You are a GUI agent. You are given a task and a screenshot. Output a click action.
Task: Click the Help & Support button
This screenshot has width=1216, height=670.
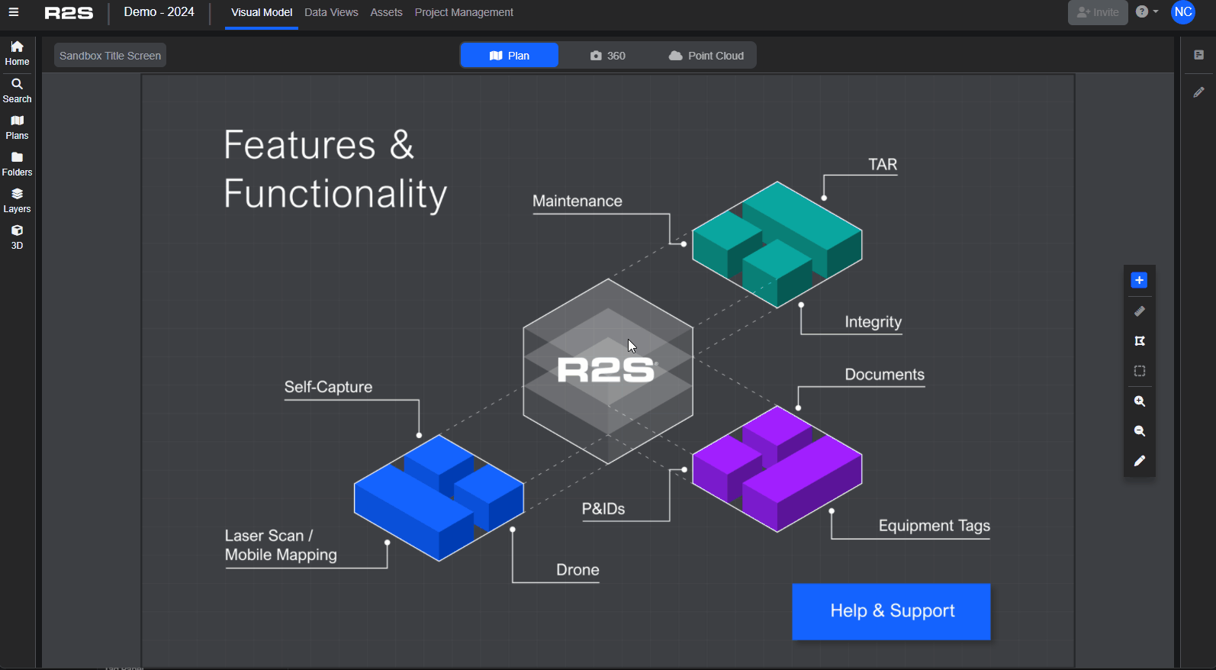(891, 611)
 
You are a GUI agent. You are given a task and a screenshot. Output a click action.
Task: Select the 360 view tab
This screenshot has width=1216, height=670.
(607, 56)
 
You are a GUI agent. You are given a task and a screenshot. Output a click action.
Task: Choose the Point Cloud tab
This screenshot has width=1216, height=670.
(706, 56)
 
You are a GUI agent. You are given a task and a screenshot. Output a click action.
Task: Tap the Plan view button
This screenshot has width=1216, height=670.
(510, 56)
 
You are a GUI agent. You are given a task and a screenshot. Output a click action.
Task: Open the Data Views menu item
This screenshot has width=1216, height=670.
(331, 13)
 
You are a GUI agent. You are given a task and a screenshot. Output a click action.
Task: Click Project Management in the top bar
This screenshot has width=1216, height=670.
(464, 13)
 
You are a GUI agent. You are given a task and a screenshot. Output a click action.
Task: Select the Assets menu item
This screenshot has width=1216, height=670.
(386, 13)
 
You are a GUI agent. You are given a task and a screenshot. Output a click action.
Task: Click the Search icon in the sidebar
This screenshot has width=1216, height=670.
(17, 90)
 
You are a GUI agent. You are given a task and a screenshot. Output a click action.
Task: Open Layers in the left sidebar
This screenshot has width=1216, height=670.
(17, 200)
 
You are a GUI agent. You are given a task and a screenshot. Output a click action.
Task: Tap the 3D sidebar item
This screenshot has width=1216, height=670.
(17, 237)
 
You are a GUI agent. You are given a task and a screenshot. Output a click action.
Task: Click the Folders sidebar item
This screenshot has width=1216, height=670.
(17, 163)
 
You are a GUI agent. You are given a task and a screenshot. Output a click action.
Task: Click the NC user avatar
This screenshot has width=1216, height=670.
(1183, 12)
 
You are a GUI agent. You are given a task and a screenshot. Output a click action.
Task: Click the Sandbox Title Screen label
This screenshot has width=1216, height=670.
(110, 56)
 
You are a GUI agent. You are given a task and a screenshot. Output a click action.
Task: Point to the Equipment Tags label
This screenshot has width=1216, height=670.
(934, 526)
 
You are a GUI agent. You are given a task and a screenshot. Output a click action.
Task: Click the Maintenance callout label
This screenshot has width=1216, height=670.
(577, 201)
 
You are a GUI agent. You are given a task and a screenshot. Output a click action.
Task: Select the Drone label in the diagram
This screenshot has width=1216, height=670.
(577, 570)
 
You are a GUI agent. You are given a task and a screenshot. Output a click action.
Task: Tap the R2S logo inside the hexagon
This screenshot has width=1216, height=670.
(606, 371)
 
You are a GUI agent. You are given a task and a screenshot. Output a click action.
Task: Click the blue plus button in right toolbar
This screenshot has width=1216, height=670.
(1139, 281)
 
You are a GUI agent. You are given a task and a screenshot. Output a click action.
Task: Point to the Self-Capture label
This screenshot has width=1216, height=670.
(328, 387)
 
